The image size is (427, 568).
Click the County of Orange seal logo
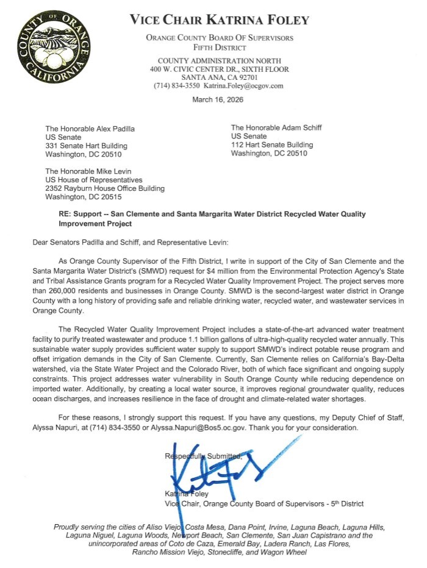point(53,48)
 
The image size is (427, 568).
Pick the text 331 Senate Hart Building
point(87,146)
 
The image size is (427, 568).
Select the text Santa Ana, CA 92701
point(220,78)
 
